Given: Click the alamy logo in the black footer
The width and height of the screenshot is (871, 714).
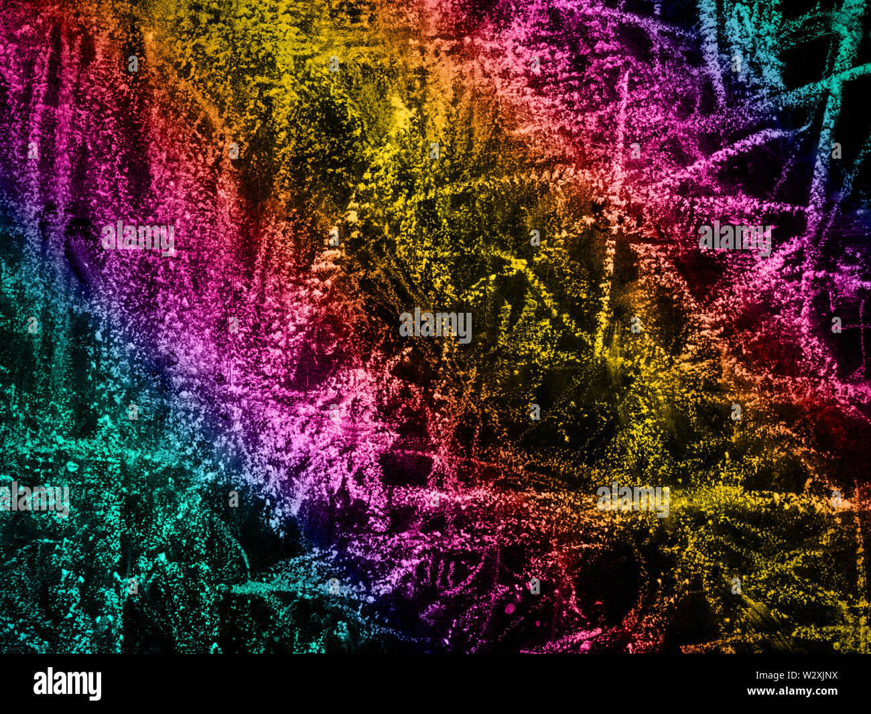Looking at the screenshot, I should tap(67, 684).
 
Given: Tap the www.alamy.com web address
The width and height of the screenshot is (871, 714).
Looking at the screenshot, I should tap(793, 691).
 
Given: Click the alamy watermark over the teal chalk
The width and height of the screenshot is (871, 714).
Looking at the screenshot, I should tap(35, 500).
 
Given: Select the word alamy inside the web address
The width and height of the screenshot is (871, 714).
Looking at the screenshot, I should tap(795, 691).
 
